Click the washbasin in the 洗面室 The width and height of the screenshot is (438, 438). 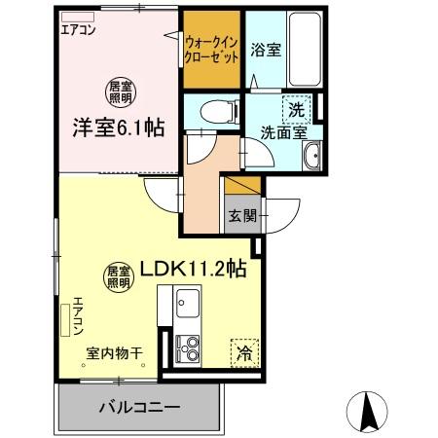312,157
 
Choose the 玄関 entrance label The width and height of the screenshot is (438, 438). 242,216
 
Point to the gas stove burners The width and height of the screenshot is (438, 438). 187,346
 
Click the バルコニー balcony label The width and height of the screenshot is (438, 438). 137,406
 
